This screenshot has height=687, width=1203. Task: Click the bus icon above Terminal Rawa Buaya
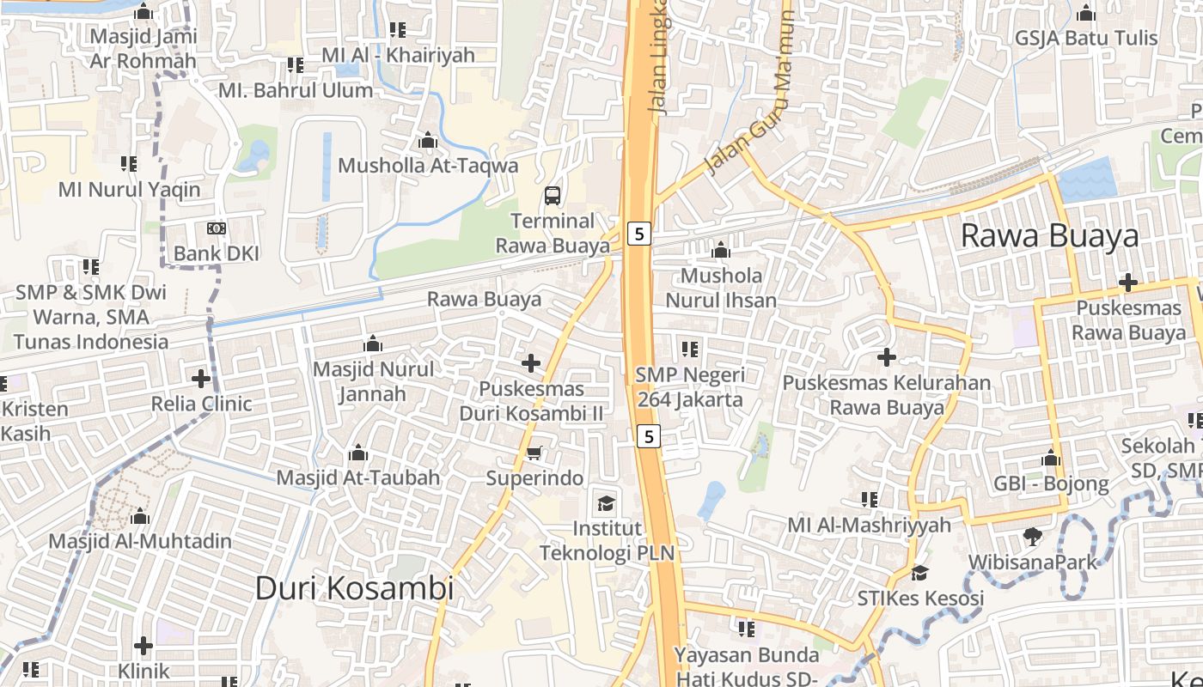(553, 195)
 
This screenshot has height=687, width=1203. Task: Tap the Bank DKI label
(217, 253)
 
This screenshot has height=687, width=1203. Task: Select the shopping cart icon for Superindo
(534, 453)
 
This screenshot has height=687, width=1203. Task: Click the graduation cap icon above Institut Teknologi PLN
(607, 502)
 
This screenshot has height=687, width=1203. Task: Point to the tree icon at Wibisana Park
(1033, 537)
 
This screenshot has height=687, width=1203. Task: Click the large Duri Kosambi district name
(354, 588)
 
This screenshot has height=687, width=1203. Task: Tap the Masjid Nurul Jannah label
(373, 381)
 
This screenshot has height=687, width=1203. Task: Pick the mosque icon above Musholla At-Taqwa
(427, 140)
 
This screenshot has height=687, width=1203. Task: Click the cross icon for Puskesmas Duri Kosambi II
(531, 363)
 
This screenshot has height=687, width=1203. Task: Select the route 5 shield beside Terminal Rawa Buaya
(639, 233)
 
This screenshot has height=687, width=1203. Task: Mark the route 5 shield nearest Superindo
(649, 436)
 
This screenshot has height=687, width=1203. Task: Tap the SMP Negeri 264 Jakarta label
(690, 387)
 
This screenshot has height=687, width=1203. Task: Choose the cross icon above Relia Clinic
(201, 378)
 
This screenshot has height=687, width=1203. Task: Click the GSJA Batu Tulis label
(1086, 39)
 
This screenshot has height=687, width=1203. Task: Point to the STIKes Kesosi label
(920, 598)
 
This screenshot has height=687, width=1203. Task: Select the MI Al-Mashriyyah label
(870, 525)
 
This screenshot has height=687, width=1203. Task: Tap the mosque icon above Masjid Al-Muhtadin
(140, 516)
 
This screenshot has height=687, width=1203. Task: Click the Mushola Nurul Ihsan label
(721, 288)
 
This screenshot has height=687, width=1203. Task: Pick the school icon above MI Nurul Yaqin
(129, 163)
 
